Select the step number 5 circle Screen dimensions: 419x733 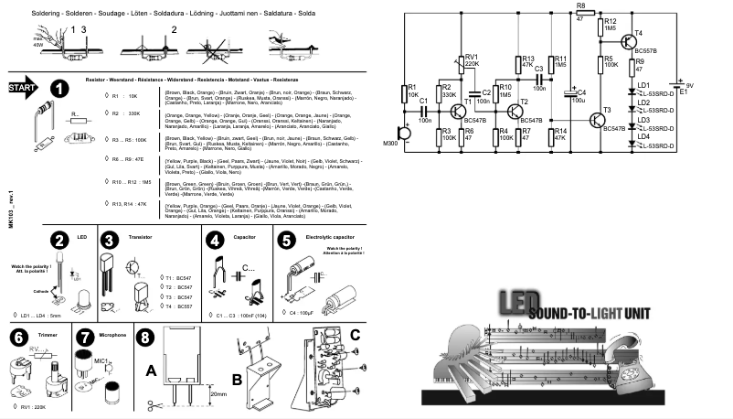[x=286, y=241]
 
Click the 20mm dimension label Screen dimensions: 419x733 [x=218, y=393]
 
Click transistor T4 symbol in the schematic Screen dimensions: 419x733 [x=629, y=40]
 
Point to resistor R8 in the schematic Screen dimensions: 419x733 [x=580, y=12]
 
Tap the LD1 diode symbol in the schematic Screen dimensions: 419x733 [x=632, y=92]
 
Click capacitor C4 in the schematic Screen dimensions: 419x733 [x=571, y=95]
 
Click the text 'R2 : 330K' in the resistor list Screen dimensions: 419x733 [x=126, y=115]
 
